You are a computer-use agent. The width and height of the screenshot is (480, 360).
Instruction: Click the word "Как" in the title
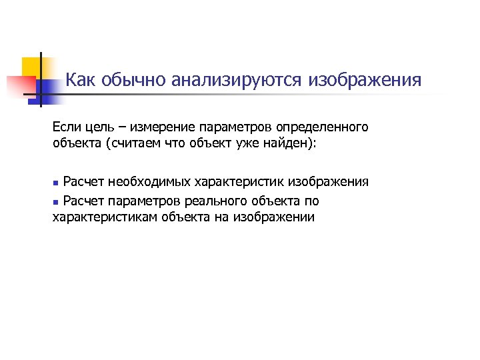pos(81,81)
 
